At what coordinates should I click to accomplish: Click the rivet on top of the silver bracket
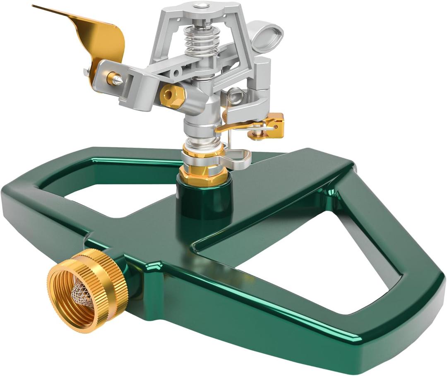[x=202, y=5]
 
